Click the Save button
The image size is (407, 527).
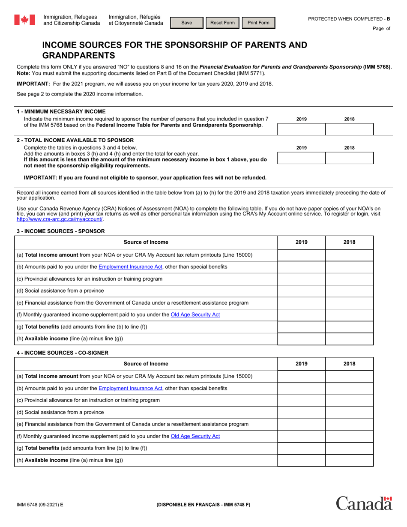tap(187, 23)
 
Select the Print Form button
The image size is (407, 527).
tap(258, 23)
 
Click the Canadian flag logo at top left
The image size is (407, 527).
tap(24, 20)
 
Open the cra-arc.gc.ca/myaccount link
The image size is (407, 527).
tap(60, 219)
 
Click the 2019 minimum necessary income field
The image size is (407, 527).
tap(302, 129)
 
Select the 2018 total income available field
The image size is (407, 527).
tap(349, 158)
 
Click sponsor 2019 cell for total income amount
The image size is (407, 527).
tap(302, 255)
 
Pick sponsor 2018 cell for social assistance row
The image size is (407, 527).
tap(349, 291)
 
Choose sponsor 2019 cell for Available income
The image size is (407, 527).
tap(302, 339)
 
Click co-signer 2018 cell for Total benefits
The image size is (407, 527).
tap(349, 448)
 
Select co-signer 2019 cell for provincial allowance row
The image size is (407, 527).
tap(302, 400)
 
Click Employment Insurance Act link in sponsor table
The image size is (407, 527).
tap(130, 267)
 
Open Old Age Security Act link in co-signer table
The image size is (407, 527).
tap(195, 436)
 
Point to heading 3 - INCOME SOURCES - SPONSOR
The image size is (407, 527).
tap(60, 231)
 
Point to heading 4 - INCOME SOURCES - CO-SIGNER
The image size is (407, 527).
tap(63, 353)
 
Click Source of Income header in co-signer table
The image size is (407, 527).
tap(146, 364)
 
